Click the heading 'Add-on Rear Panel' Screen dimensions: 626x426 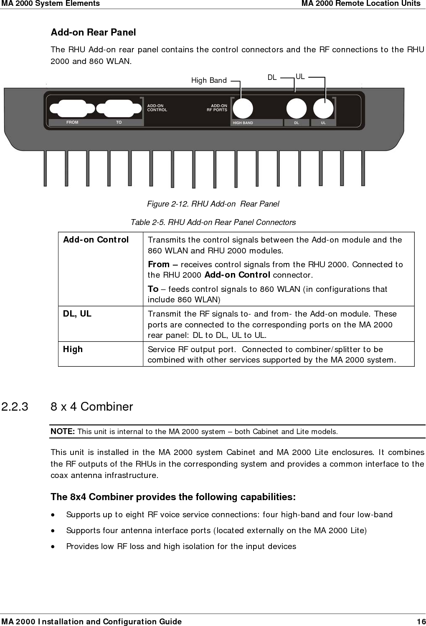(93, 32)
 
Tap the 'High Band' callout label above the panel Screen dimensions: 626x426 (209, 80)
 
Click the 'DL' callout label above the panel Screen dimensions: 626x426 (272, 77)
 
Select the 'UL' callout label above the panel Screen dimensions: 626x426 (300, 77)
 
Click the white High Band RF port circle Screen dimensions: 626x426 (243, 108)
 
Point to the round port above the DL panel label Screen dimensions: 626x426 (297, 108)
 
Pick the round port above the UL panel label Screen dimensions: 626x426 (323, 108)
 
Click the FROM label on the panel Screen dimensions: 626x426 (72, 123)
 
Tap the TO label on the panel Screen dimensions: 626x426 (119, 123)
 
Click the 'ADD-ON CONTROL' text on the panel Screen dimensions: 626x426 (157, 108)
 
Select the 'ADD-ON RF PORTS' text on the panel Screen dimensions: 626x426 (217, 108)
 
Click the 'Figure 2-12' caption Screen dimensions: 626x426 (213, 204)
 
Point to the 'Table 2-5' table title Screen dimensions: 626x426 (213, 222)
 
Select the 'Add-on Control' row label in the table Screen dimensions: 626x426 (96, 240)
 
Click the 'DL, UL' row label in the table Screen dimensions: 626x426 (77, 314)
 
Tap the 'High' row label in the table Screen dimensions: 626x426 (73, 349)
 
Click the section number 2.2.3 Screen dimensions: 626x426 (15, 406)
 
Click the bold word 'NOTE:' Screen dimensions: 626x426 (63, 431)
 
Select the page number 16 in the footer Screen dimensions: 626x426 (421, 621)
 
